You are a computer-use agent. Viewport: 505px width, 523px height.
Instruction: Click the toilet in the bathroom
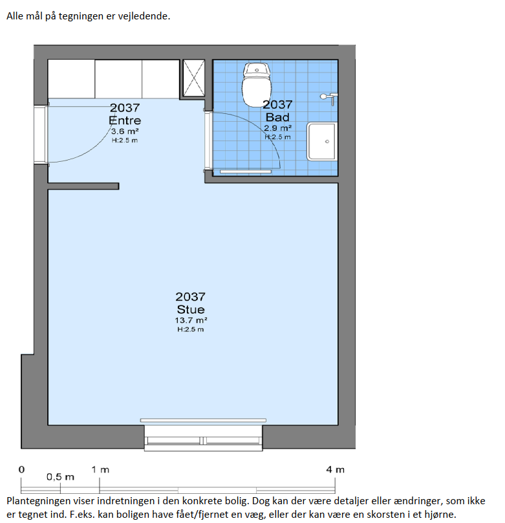point(256,85)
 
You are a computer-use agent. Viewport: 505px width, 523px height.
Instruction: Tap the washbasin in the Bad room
point(322,141)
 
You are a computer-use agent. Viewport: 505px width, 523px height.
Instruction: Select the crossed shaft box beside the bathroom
point(194,78)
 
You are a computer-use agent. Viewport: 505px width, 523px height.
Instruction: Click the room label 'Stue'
point(191,309)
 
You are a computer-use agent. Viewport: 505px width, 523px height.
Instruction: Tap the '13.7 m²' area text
point(191,320)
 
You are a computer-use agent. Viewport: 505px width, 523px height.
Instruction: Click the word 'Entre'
point(125,120)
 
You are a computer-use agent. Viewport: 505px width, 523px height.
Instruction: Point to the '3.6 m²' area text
point(125,131)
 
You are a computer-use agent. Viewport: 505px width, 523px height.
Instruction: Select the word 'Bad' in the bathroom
point(277,117)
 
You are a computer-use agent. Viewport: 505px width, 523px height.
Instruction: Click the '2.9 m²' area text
point(277,128)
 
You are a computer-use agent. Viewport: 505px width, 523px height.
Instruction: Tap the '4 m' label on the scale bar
point(335,470)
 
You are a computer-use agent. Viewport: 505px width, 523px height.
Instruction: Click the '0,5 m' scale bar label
point(60,477)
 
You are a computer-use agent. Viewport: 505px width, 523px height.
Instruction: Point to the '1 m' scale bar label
point(100,470)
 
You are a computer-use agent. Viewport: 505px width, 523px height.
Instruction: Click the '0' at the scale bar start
point(21,470)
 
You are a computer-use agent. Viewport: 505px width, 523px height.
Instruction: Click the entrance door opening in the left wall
point(41,135)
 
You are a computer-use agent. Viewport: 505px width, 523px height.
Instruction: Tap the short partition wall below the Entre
point(83,186)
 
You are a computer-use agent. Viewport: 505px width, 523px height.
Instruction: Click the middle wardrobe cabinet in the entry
point(118,79)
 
